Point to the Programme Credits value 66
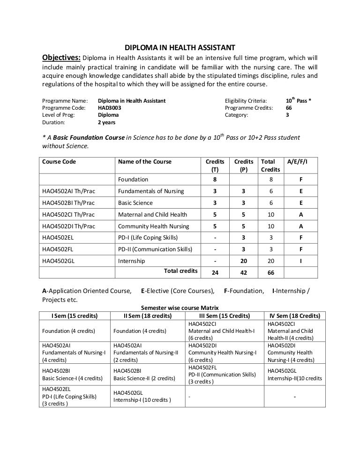[289, 107]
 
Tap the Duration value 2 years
[106, 122]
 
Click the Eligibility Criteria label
[246, 100]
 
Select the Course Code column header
[59, 162]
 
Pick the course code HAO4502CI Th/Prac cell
[68, 215]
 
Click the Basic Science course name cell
[135, 203]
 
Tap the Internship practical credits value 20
[243, 261]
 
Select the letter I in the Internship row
[300, 261]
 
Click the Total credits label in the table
[180, 271]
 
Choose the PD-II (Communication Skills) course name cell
[155, 249]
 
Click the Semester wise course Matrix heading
[180, 308]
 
